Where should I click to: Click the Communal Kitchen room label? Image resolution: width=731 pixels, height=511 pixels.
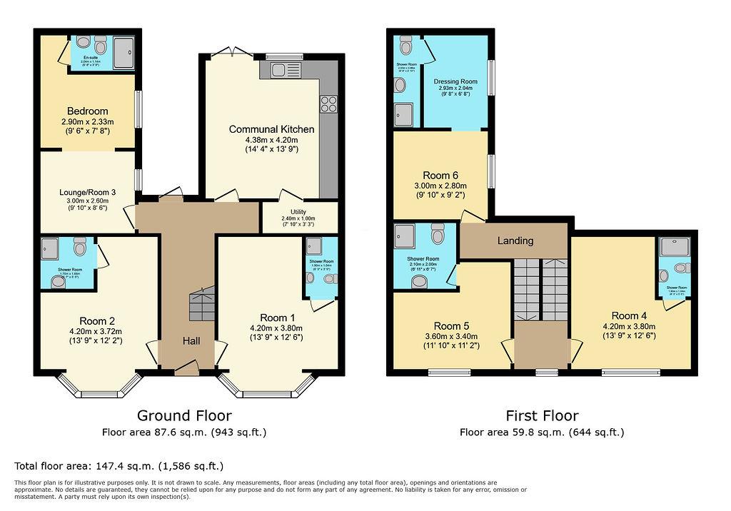(271, 129)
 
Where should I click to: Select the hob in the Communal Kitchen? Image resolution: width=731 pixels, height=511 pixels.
(329, 105)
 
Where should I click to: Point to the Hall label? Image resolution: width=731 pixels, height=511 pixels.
(190, 341)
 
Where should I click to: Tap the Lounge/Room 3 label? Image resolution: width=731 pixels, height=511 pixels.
(88, 191)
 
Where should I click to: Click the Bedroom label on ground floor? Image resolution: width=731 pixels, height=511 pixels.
(87, 111)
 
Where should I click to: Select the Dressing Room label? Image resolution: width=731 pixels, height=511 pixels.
(455, 82)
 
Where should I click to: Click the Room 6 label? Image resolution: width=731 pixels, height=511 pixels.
(440, 176)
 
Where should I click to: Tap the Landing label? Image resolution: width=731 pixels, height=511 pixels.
(514, 241)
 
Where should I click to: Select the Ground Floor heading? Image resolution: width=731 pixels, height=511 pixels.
(184, 415)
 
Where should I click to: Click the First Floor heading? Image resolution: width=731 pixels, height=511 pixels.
(542, 415)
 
